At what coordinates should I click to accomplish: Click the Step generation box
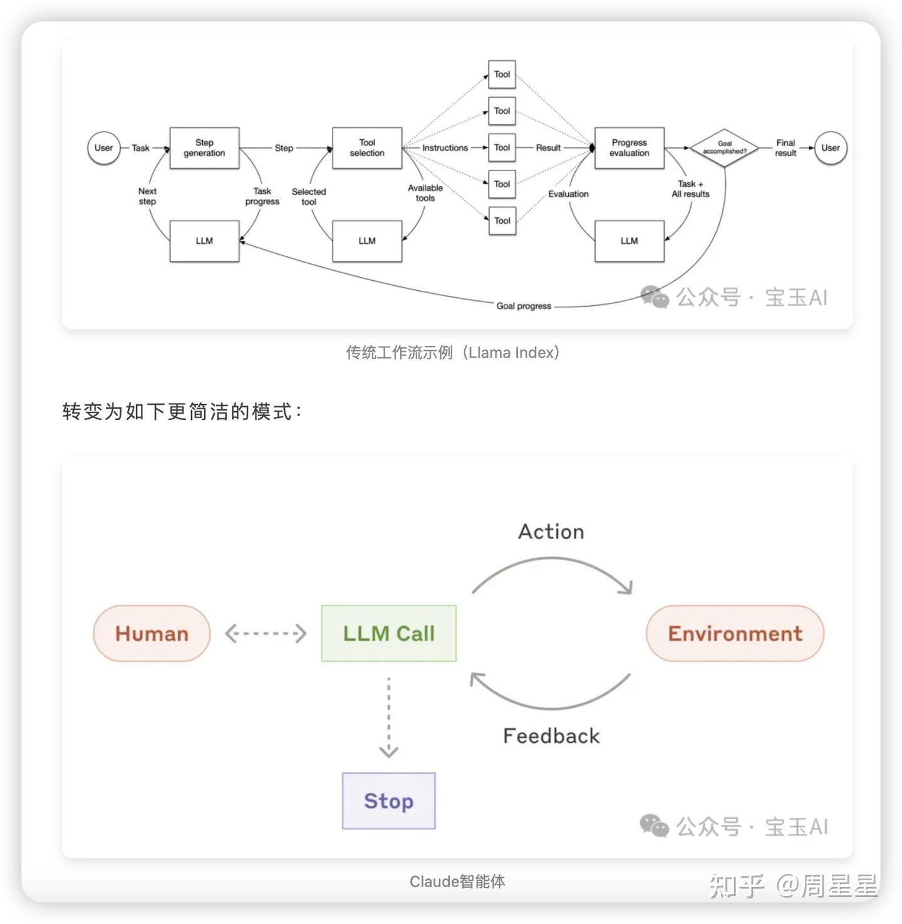tap(204, 148)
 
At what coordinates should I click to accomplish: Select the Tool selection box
tap(367, 148)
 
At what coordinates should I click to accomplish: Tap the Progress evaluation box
tap(629, 148)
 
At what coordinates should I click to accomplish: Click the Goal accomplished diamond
tap(724, 148)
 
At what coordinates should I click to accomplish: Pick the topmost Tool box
tap(502, 75)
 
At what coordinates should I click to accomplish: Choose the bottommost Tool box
tap(502, 221)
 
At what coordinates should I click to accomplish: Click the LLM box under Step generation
tap(204, 241)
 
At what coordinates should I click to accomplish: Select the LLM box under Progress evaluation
tap(629, 241)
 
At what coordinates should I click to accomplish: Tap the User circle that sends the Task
tap(103, 148)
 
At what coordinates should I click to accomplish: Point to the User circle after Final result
tap(830, 148)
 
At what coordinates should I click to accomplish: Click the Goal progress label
tap(524, 306)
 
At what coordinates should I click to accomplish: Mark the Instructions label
tap(445, 148)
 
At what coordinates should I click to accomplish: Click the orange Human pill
tap(152, 633)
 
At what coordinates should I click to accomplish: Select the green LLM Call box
tap(388, 633)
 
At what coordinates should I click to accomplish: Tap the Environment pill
tap(735, 633)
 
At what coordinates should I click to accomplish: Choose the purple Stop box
tap(388, 801)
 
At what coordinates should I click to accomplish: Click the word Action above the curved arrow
tap(551, 532)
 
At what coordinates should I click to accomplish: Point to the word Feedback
tap(551, 735)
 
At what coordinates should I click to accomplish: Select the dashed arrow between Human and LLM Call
tap(266, 633)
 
